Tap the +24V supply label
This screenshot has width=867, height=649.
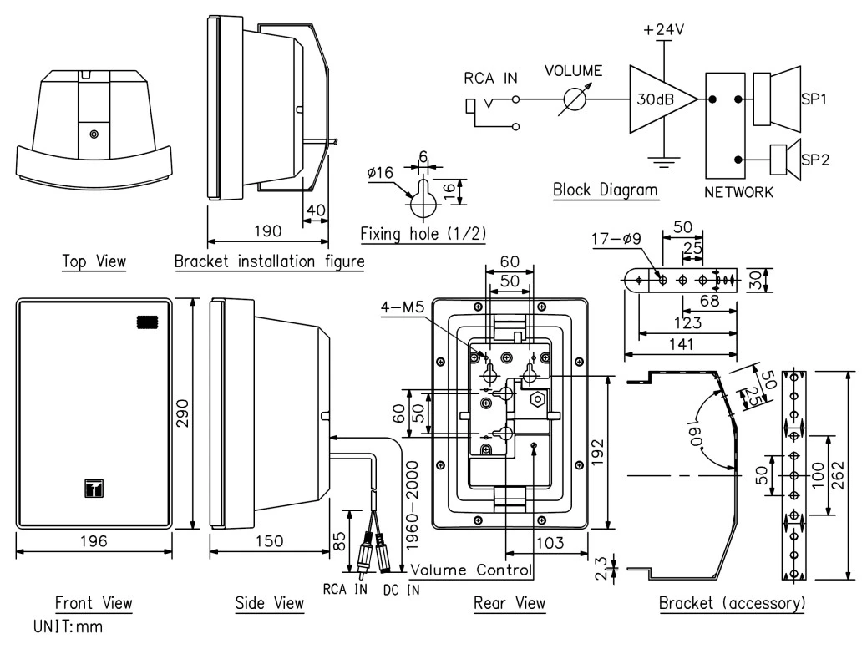662,30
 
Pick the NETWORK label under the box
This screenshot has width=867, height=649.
738,193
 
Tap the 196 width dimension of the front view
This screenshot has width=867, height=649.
94,542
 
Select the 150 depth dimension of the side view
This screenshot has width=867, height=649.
267,542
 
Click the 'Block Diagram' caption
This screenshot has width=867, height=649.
605,190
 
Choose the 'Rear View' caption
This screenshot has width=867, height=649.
509,602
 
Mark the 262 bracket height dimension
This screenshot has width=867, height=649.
858,474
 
